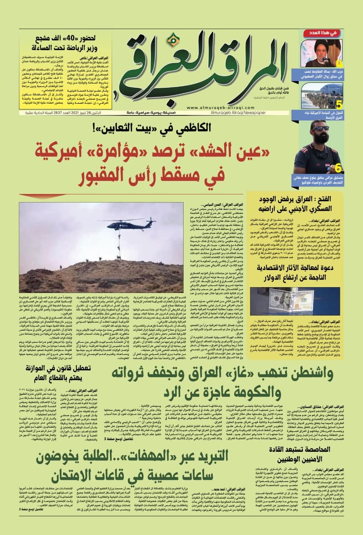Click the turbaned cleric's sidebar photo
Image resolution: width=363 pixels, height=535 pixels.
coord(321,53)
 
